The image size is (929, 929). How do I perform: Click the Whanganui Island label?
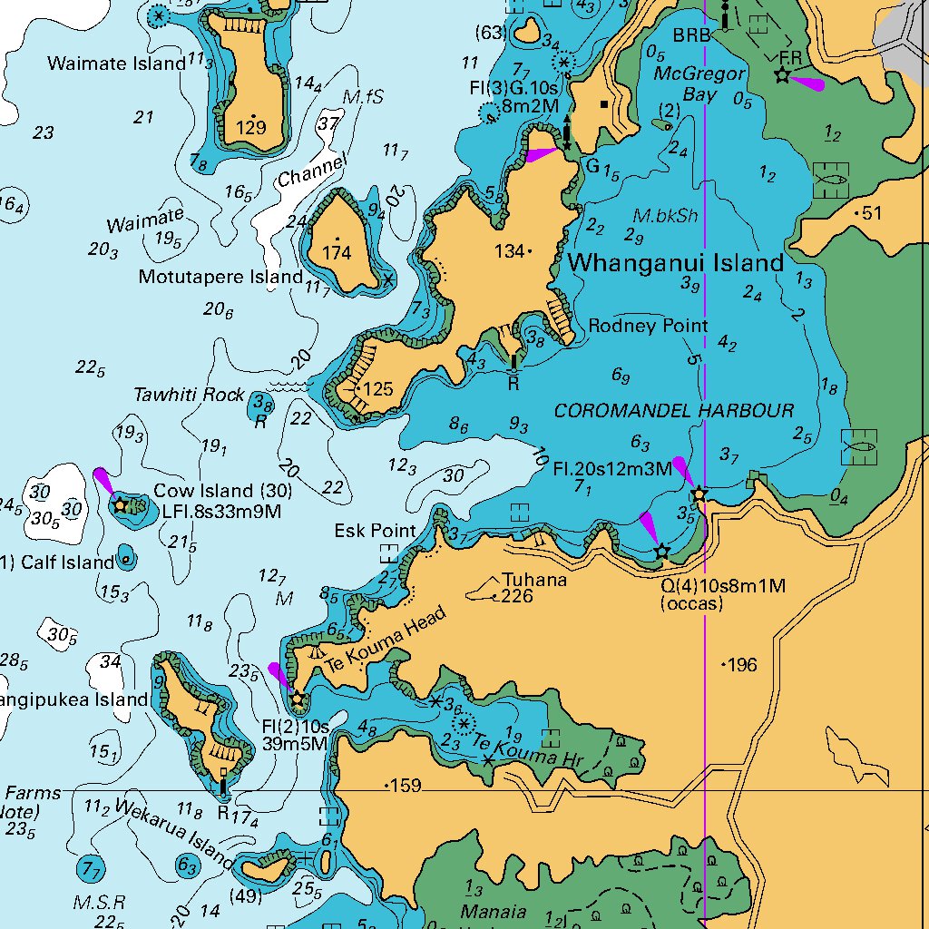676,263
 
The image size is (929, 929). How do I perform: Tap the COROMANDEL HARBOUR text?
673,411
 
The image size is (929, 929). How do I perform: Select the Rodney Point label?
648,326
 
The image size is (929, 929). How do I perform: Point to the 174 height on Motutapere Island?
337,253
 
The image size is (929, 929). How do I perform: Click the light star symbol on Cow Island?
119,504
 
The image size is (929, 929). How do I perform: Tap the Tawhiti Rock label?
189,395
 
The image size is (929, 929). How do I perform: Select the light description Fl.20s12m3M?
612,469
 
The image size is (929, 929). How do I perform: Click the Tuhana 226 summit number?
517,596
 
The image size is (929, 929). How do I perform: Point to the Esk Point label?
375,531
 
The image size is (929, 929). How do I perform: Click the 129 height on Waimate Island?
250,128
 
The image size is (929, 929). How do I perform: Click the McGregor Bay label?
699,83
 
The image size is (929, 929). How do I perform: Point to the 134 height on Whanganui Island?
510,251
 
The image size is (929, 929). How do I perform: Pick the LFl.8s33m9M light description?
221,512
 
